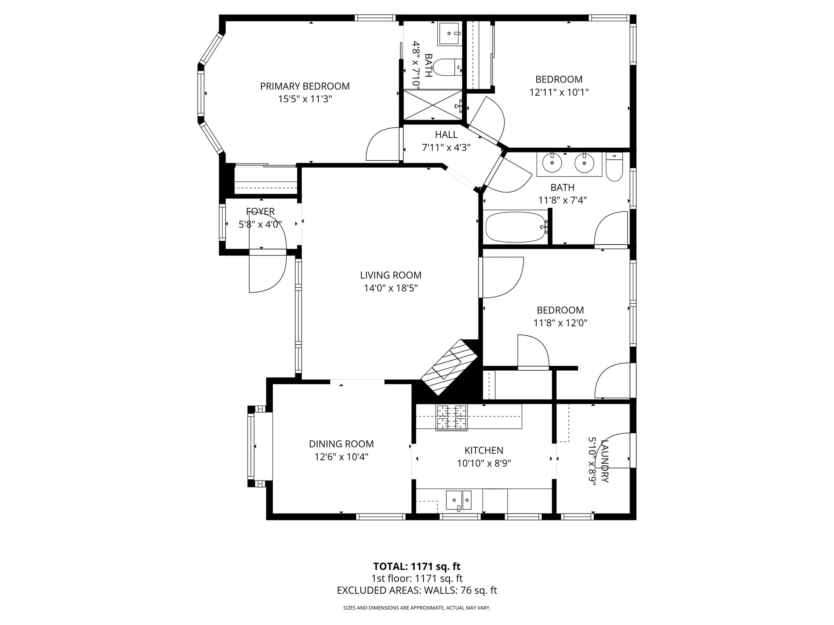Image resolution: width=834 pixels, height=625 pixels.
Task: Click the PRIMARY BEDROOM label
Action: (x=305, y=86)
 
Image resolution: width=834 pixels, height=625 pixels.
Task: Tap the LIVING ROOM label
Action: (x=391, y=275)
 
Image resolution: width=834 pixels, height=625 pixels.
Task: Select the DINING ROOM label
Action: (x=341, y=444)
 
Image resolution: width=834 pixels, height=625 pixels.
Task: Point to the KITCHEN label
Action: (x=484, y=450)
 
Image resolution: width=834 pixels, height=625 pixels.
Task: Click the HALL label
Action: (x=446, y=135)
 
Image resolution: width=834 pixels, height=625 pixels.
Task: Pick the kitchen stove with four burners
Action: (x=452, y=417)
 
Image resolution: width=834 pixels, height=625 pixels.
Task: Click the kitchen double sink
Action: (x=459, y=500)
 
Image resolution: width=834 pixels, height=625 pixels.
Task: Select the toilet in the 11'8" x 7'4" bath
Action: (x=614, y=167)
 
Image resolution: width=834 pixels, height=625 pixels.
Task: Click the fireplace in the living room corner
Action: (x=449, y=367)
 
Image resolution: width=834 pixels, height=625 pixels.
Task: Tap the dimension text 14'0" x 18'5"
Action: (x=391, y=288)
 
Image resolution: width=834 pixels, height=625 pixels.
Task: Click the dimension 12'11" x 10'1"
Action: (x=559, y=92)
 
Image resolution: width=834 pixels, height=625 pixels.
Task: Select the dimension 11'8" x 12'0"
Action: (x=560, y=323)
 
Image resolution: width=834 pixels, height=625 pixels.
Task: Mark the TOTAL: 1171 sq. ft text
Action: (x=417, y=566)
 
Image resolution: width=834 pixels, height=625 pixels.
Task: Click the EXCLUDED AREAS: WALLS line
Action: (x=417, y=590)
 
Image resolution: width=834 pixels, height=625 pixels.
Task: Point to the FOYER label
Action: (x=260, y=212)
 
